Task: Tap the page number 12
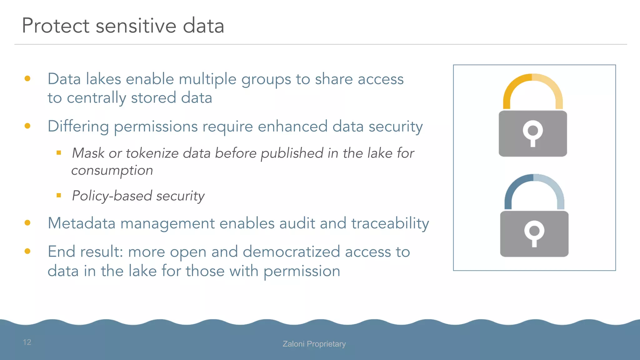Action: (x=27, y=342)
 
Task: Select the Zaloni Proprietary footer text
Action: (x=314, y=344)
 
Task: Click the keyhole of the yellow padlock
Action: (x=533, y=131)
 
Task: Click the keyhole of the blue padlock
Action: (x=534, y=232)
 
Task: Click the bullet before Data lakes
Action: (x=27, y=78)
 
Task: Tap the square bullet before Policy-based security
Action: (x=59, y=195)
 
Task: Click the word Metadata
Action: (x=82, y=223)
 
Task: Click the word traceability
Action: (x=390, y=224)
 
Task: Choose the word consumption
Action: (x=112, y=171)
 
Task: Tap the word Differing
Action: (x=78, y=127)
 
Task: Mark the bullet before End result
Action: (x=27, y=251)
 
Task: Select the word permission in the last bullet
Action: (x=302, y=271)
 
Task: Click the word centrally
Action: (x=96, y=98)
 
